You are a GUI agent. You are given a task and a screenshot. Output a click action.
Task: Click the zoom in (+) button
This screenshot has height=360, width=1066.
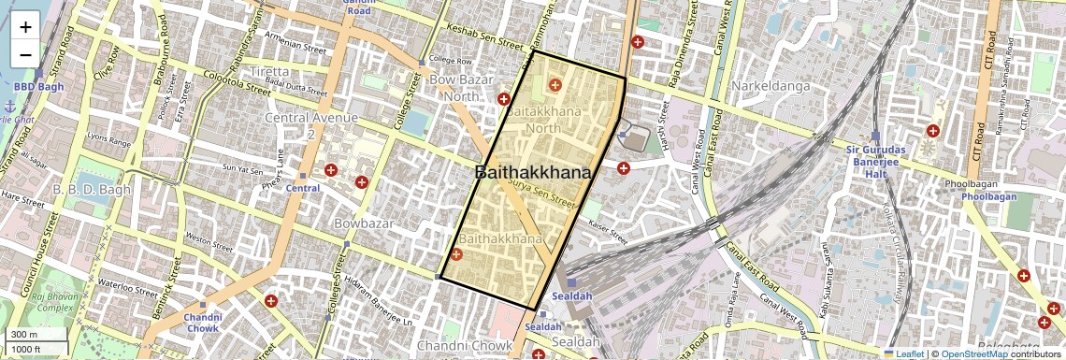point(25,26)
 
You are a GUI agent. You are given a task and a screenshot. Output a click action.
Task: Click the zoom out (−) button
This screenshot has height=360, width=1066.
point(25,54)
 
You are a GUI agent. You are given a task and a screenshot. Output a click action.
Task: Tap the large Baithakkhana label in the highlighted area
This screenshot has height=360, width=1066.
point(533,173)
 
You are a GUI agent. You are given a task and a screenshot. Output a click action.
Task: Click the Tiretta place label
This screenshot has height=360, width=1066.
point(268,73)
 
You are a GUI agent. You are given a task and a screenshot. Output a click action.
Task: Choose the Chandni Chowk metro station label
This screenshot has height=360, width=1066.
point(202,323)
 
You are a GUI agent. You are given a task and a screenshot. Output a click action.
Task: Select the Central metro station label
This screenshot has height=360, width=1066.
point(303,188)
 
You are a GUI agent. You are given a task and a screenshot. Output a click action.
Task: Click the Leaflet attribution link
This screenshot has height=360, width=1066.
point(902,353)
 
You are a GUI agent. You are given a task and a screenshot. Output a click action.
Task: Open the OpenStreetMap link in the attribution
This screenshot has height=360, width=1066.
point(973,353)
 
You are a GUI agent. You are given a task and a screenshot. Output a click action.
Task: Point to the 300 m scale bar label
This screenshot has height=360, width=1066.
point(23,335)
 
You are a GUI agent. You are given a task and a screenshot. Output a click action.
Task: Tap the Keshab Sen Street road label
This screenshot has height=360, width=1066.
point(484,42)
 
